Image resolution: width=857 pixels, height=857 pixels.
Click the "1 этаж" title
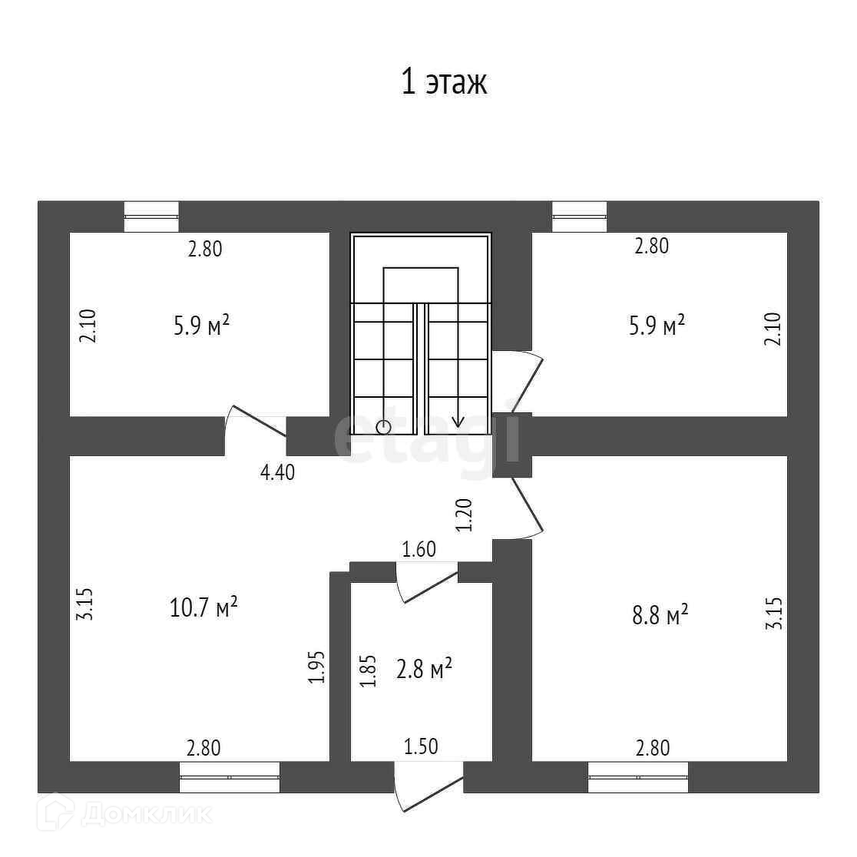444,82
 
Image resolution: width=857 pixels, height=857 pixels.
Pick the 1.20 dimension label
463,515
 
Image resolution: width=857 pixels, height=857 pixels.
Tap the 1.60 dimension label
419,549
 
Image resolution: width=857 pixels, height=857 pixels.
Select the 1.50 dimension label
419,746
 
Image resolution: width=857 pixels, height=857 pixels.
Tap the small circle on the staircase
383,426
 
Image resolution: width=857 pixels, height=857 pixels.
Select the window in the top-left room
151,216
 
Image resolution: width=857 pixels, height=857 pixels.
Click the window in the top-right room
579,216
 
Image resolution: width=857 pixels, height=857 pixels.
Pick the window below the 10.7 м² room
230,776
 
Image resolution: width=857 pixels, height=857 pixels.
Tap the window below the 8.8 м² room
638,776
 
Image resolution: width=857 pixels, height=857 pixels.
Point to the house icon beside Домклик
59,812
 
